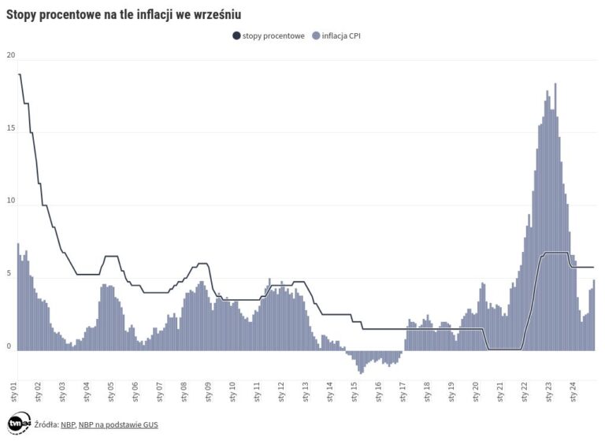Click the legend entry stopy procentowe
point(268,35)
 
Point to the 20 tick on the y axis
point(10,55)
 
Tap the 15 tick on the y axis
point(10,128)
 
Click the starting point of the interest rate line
point(19,74)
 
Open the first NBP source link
point(68,424)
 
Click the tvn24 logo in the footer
point(19,424)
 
